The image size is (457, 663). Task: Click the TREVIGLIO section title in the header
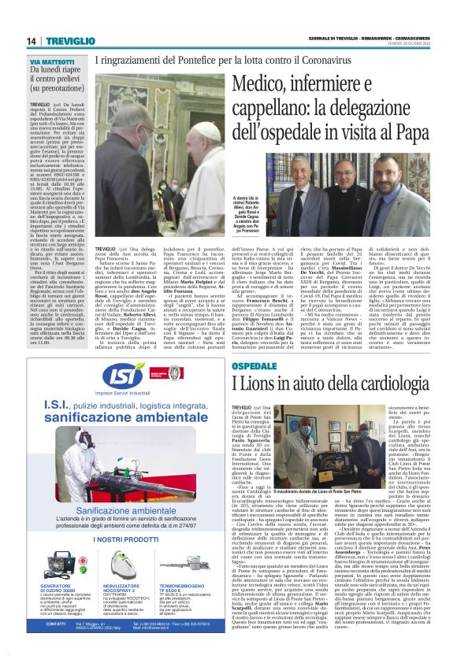click(68, 40)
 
